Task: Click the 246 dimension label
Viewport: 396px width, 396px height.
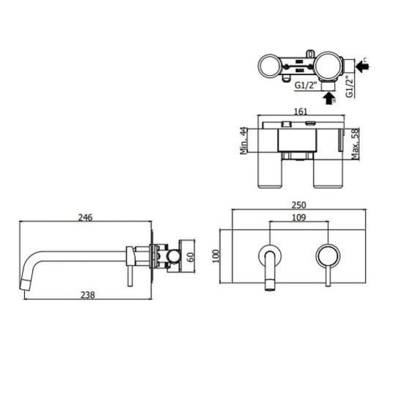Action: click(x=85, y=217)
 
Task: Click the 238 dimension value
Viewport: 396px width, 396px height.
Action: click(x=87, y=295)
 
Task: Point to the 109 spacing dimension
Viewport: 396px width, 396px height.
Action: click(x=299, y=217)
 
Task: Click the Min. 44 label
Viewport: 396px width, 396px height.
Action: click(x=243, y=141)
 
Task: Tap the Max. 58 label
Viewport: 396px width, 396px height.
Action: click(x=356, y=143)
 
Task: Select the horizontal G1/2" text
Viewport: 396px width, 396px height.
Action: click(x=305, y=85)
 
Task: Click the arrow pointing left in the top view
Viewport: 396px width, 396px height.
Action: click(x=363, y=66)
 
